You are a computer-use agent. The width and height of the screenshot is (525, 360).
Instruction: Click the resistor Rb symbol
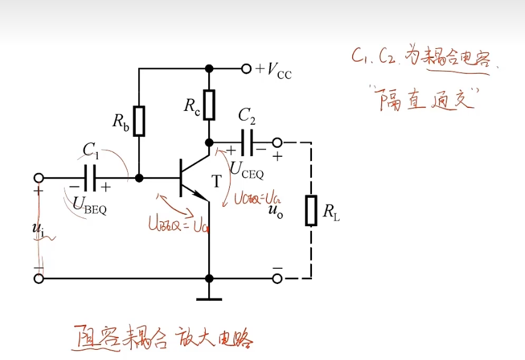[139, 121]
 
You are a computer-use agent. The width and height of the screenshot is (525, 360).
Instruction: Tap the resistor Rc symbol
[209, 104]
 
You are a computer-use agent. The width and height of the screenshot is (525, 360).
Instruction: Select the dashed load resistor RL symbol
[311, 210]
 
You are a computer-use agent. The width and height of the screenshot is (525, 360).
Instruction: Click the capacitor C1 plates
[91, 178]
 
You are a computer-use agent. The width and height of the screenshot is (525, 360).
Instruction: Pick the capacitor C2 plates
[246, 143]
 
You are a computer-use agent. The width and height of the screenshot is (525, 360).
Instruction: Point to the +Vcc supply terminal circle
[246, 69]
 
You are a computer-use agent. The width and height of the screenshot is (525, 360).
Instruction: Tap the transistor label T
[217, 182]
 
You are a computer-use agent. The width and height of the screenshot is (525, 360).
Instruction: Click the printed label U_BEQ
[90, 205]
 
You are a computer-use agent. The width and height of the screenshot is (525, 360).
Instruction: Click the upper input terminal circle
[39, 178]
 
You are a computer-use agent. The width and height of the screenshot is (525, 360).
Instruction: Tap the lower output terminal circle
[277, 279]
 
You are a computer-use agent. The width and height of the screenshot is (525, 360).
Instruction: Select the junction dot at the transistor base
[139, 178]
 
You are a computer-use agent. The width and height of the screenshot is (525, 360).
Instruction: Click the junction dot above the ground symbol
[209, 279]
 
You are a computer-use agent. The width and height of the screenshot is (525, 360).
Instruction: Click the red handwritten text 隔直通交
[425, 99]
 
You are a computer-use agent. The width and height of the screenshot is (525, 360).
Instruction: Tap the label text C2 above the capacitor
[247, 115]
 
